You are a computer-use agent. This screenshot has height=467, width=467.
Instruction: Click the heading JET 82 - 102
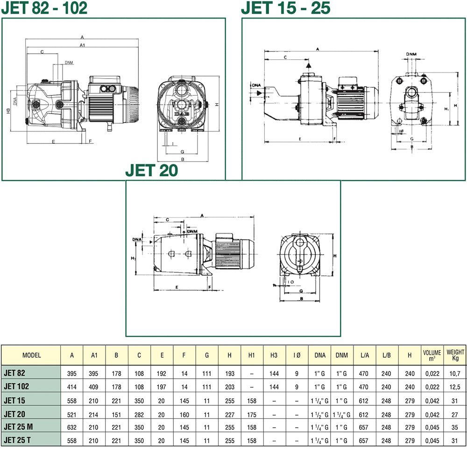coord(44,8)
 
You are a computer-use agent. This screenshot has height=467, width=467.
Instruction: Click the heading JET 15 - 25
coord(286,8)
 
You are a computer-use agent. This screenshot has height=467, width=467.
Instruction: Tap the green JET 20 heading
coord(152,170)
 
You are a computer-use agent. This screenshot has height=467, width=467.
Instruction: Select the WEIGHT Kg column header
coord(455,355)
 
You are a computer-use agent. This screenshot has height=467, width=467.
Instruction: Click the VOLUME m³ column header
coord(432,355)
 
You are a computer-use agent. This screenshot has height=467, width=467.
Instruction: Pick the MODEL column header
coord(32,355)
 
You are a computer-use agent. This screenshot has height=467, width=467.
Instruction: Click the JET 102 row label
coord(16,386)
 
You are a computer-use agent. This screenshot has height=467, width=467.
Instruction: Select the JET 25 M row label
coord(18,427)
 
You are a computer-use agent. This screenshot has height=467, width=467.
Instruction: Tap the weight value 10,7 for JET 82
coord(455,374)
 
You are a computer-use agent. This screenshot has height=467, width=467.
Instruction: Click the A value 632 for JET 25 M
coord(72,427)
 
